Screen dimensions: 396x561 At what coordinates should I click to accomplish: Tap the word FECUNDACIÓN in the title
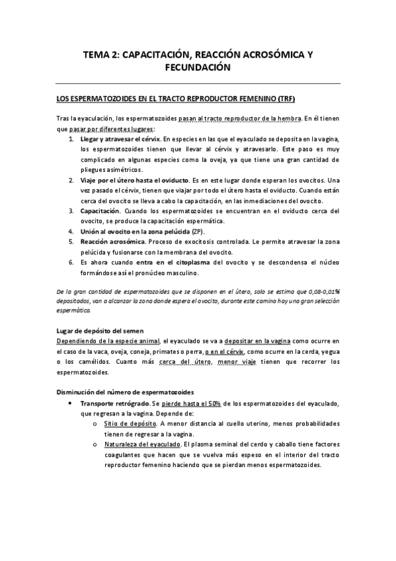[198, 68]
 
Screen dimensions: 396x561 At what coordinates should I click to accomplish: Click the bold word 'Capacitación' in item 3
[100, 211]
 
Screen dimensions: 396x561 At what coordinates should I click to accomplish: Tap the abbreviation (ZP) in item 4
[198, 232]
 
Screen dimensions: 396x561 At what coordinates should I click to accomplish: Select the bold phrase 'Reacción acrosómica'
[112, 241]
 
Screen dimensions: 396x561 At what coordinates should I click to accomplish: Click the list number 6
[71, 262]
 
